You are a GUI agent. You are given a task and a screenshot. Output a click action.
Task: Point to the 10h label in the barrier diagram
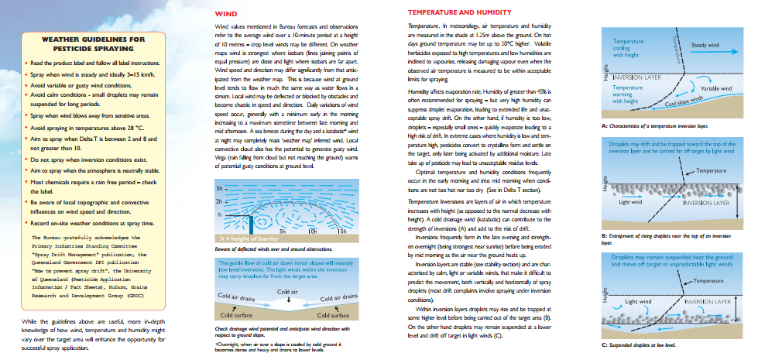313,231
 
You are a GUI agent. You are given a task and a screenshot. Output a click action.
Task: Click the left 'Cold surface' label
237,315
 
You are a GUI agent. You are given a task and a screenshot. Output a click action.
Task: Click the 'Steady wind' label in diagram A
705,46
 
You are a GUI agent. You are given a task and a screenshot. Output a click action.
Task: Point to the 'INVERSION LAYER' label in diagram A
636,78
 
